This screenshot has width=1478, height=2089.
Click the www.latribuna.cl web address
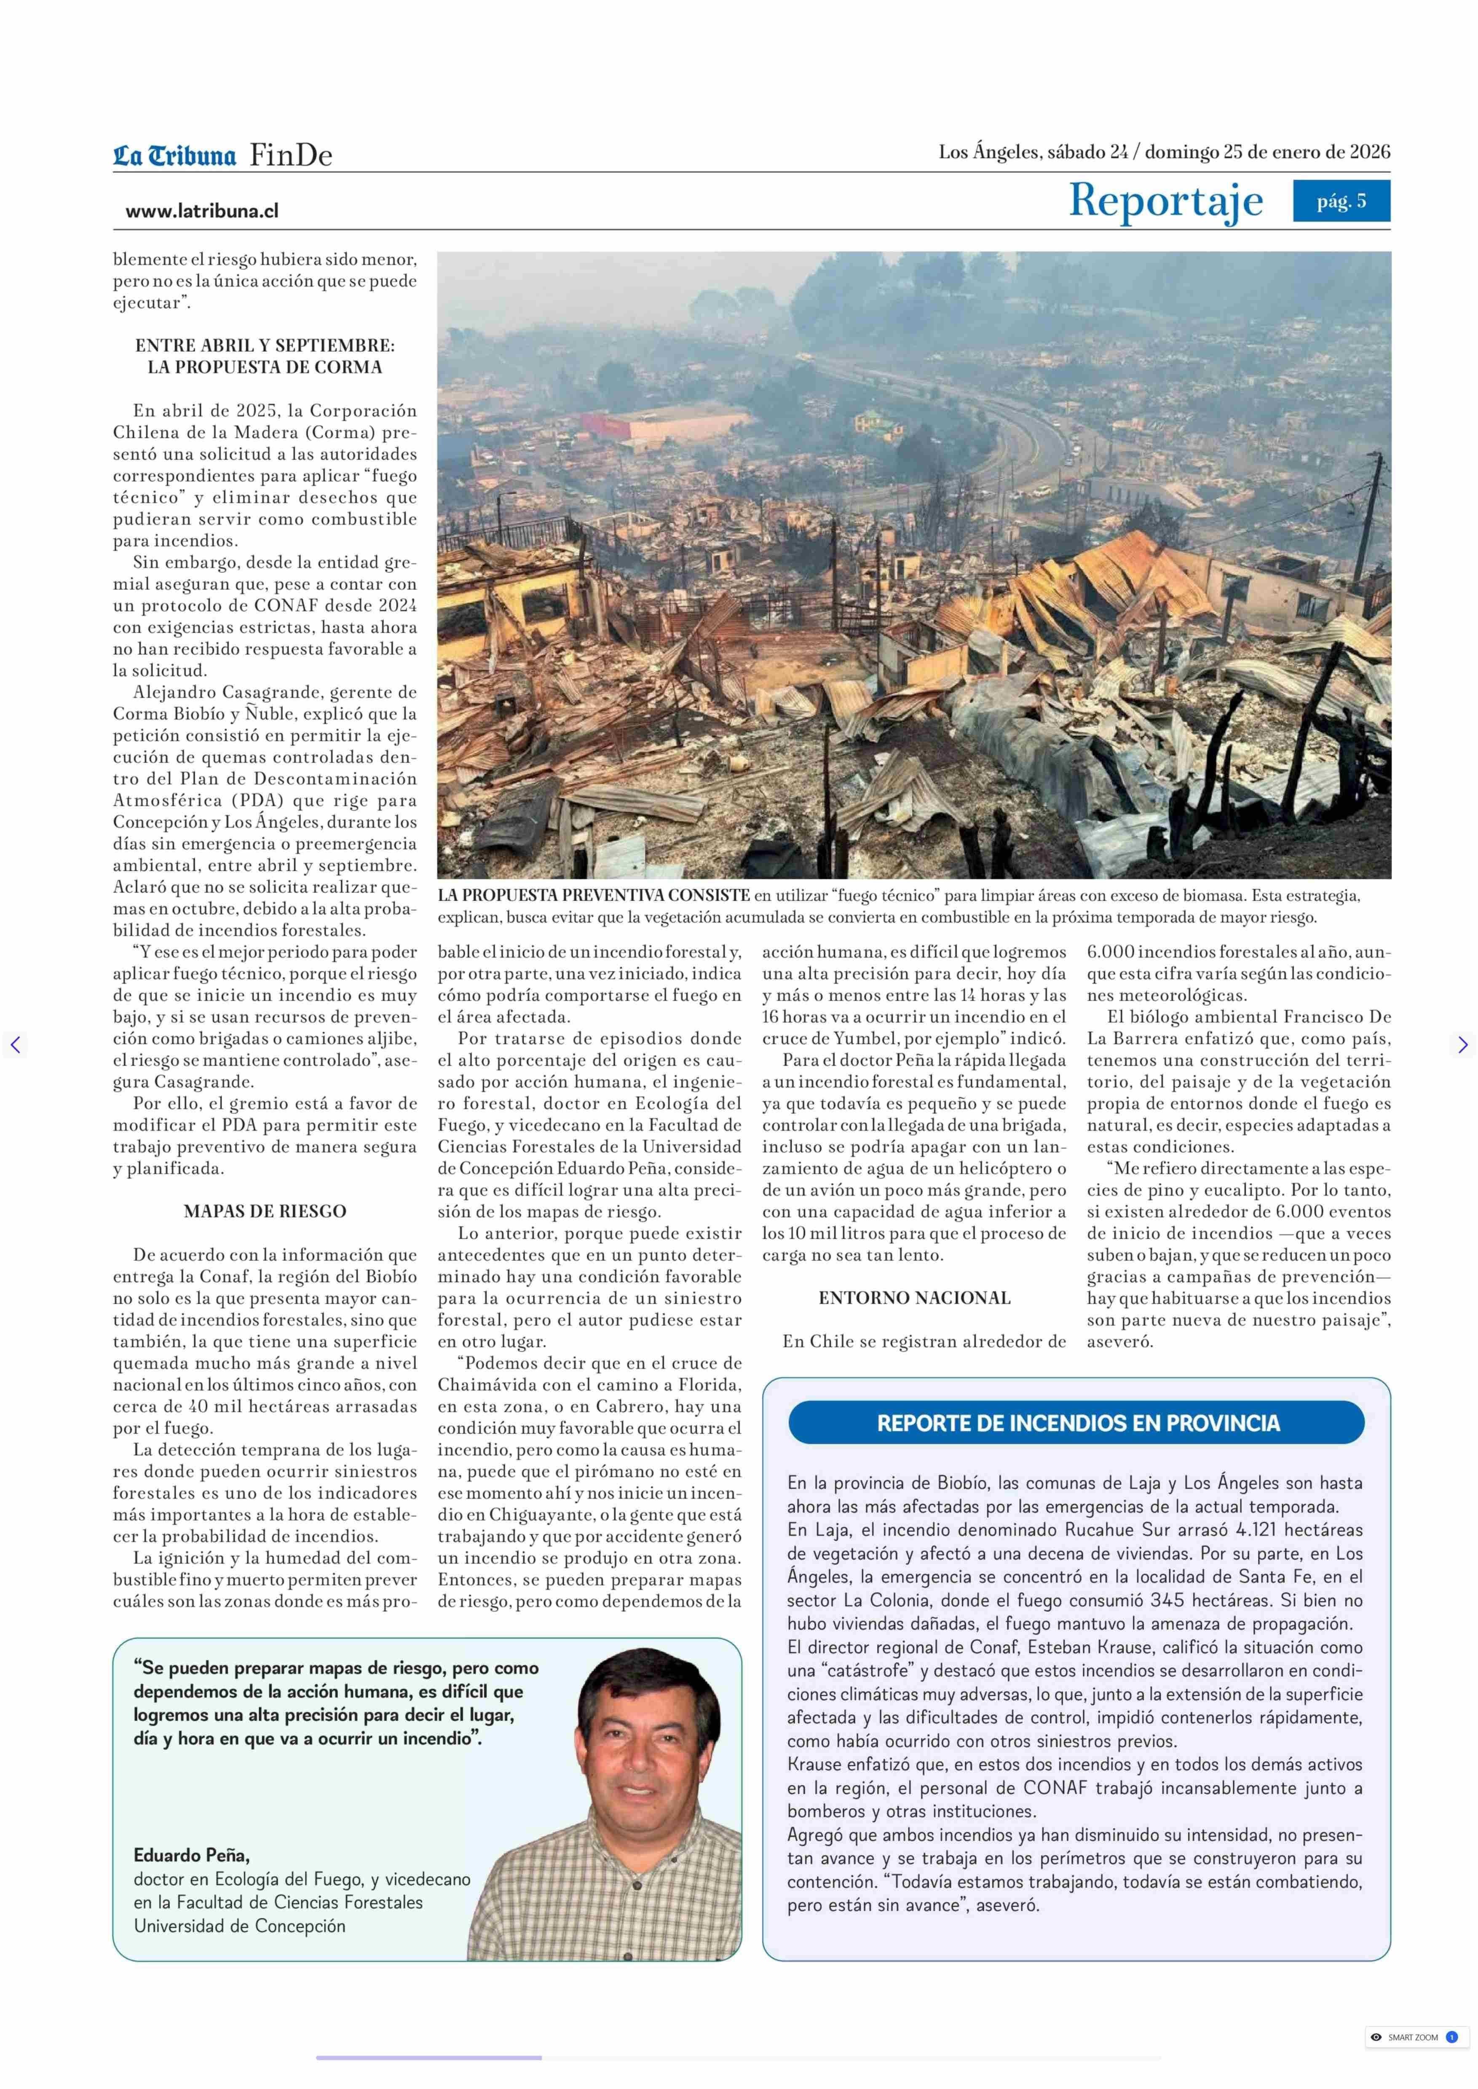202,211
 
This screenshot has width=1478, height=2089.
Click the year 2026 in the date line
1369,152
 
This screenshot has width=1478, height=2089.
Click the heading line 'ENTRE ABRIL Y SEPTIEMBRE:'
265,346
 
